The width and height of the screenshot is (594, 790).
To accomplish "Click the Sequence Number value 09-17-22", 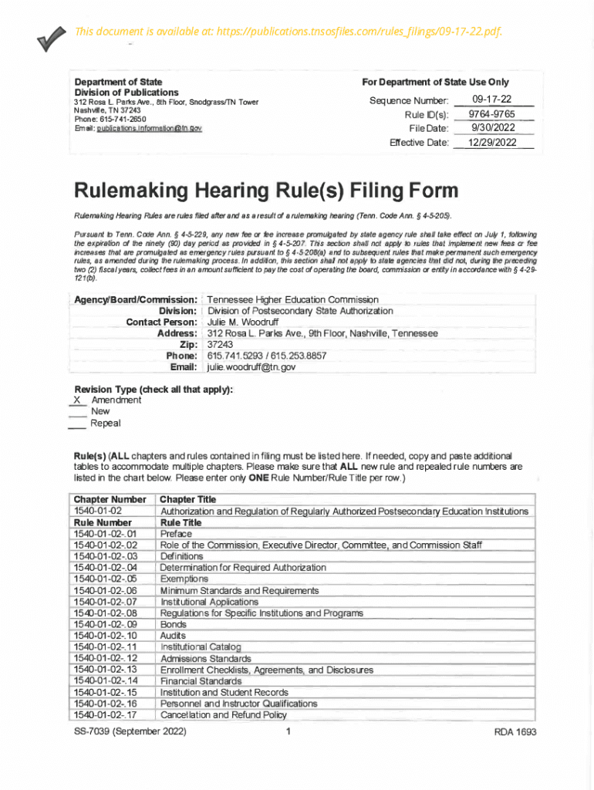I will click(x=491, y=100).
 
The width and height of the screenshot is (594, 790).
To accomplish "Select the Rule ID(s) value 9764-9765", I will click(x=491, y=114).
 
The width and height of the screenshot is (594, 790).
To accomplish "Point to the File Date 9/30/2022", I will click(x=493, y=128).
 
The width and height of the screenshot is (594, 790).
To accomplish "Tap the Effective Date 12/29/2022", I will click(x=492, y=143).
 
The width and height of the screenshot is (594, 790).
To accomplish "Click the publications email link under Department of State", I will click(x=149, y=128).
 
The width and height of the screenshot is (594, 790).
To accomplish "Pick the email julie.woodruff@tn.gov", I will click(x=251, y=368).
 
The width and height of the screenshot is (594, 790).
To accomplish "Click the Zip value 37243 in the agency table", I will click(x=220, y=345).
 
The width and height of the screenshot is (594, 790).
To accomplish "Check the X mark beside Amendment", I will click(x=76, y=400).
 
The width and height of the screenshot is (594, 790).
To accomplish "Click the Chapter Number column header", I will click(x=109, y=499).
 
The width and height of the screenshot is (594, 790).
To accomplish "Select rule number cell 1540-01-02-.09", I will click(x=105, y=624).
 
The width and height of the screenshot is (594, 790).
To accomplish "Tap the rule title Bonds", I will click(x=174, y=624).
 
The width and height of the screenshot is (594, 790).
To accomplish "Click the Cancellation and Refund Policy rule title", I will click(x=223, y=714).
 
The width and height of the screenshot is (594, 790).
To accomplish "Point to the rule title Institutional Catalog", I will click(x=201, y=647).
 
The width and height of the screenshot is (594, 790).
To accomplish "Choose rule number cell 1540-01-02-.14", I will click(x=105, y=681).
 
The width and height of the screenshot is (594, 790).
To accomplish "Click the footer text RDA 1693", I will click(x=515, y=732).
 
